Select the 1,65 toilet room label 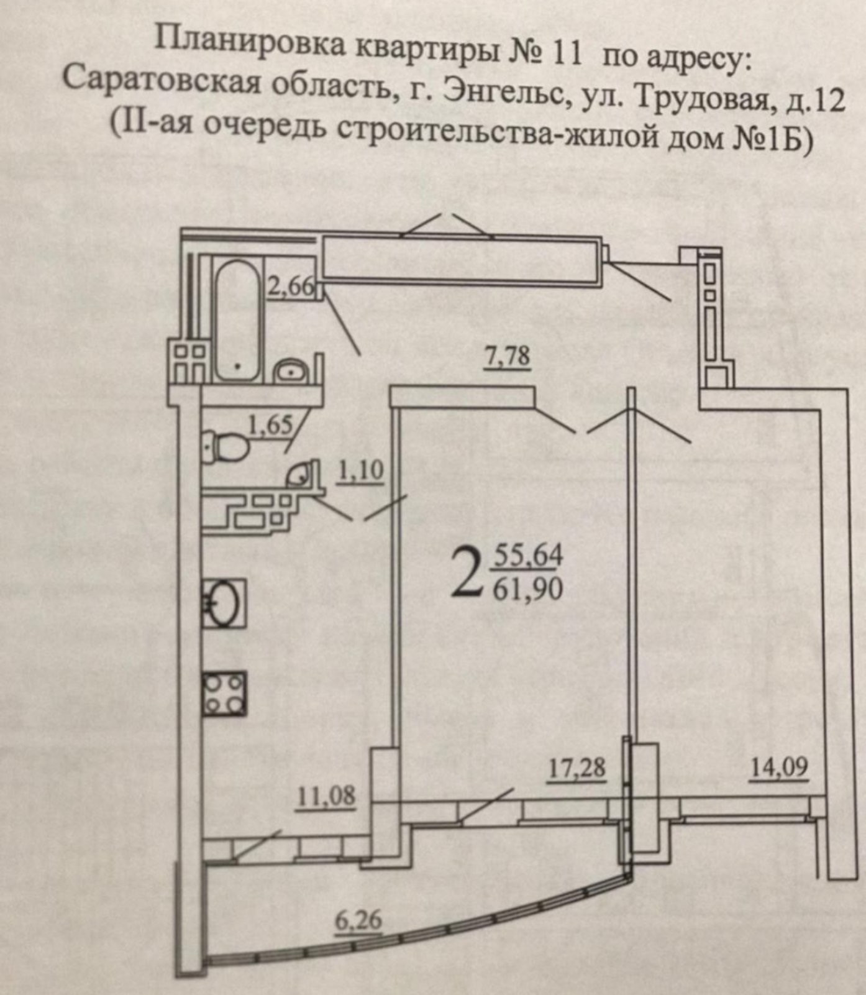pyautogui.click(x=270, y=425)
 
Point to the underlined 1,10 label pyautogui.click(x=360, y=472)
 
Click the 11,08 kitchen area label pyautogui.click(x=326, y=796)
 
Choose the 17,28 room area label pyautogui.click(x=577, y=768)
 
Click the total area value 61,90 pyautogui.click(x=528, y=587)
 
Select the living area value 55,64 pyautogui.click(x=528, y=555)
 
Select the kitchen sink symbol pyautogui.click(x=224, y=602)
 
